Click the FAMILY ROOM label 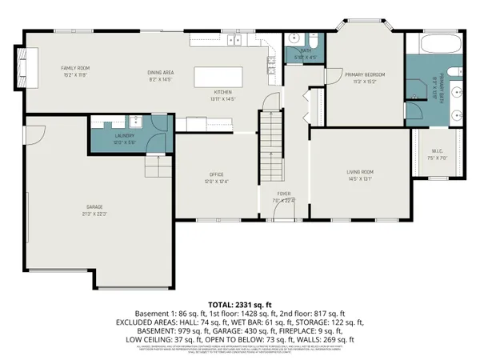pyautogui.click(x=75, y=69)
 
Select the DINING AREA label pyautogui.click(x=161, y=74)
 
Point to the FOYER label pyautogui.click(x=284, y=194)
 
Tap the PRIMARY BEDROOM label pyautogui.click(x=365, y=74)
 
